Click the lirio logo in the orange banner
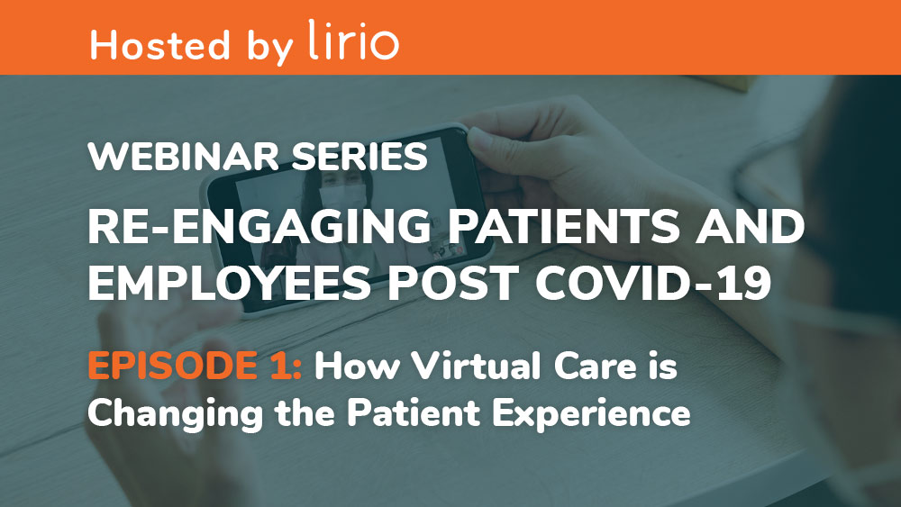point(353,40)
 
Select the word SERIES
point(359,156)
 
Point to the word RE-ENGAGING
point(259,226)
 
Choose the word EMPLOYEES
point(229,283)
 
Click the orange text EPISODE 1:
point(195,366)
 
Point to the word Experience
point(591,414)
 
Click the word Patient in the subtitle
point(414,412)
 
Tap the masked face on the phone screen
point(341,193)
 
